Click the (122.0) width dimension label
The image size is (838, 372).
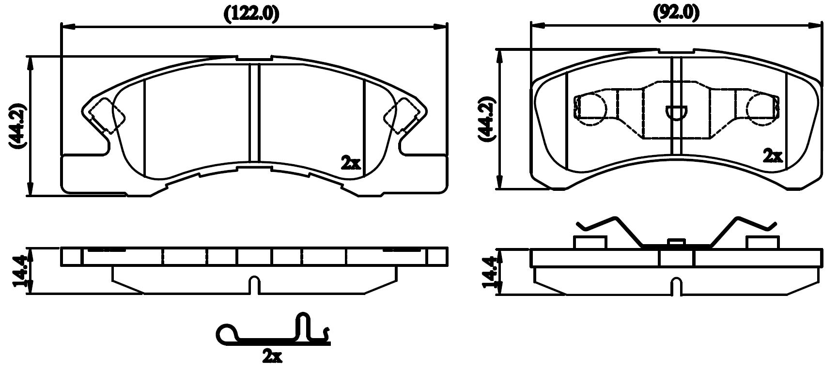click(251, 14)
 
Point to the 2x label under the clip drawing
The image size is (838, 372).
click(272, 357)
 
